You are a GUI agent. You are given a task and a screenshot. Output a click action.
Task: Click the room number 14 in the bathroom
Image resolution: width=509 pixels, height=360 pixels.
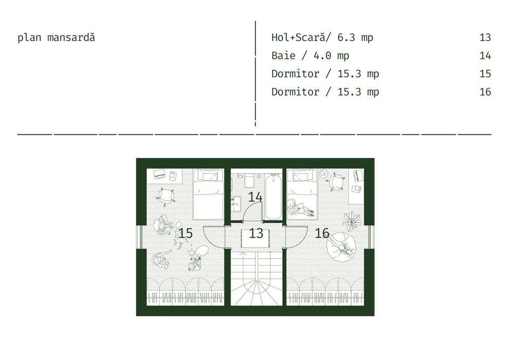(255, 197)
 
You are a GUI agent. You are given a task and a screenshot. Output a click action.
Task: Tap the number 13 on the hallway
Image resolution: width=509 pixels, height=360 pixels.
(256, 233)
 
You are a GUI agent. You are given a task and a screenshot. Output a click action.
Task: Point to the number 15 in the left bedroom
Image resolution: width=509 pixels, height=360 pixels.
(186, 233)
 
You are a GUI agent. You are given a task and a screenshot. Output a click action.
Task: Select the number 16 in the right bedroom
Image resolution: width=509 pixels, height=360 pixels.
(322, 233)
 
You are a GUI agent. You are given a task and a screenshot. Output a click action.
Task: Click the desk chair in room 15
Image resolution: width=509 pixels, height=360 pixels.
(167, 196)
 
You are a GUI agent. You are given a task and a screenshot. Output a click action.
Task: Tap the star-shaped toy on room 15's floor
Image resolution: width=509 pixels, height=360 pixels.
(191, 251)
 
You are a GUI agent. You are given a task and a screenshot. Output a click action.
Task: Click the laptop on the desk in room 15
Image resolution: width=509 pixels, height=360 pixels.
(160, 174)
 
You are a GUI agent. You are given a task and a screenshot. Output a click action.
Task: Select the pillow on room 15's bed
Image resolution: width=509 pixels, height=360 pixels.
(209, 176)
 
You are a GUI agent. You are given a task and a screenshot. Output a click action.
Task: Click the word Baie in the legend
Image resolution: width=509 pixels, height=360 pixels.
(283, 56)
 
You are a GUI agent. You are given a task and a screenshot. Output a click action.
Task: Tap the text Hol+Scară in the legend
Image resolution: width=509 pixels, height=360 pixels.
(298, 38)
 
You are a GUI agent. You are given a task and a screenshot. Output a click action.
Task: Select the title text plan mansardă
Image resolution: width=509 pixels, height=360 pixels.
(56, 38)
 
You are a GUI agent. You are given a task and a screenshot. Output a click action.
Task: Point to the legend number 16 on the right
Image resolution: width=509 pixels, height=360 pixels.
(485, 92)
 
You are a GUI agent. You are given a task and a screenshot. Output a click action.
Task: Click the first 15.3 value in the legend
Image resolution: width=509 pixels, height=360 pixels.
(349, 74)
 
